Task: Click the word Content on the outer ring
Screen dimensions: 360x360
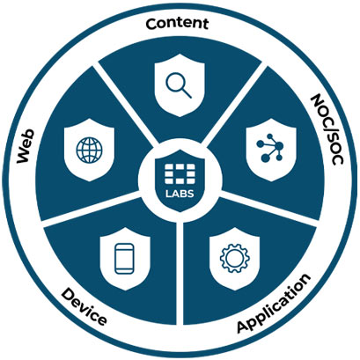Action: (x=177, y=24)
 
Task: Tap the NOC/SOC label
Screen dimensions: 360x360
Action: (x=327, y=129)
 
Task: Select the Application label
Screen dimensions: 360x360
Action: (x=274, y=304)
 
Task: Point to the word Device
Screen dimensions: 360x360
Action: (x=84, y=306)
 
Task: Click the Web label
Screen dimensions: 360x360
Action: (x=26, y=146)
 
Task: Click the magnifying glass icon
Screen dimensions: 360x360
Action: (x=179, y=84)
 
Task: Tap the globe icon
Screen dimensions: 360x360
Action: (x=90, y=150)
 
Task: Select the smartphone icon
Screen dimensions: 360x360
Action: (x=124, y=260)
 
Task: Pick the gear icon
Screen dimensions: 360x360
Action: (x=235, y=259)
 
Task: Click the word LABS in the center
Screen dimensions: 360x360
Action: (x=180, y=194)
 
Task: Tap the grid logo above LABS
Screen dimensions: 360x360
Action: (x=180, y=174)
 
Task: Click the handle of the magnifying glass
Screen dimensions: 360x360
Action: (x=186, y=92)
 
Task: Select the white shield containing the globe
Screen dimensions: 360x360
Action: (x=89, y=150)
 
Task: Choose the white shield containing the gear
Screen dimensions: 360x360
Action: (x=235, y=259)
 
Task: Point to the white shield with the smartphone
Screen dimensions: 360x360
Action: (x=125, y=259)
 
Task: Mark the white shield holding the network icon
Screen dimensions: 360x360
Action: (x=271, y=150)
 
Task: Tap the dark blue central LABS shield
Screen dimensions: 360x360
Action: (x=180, y=180)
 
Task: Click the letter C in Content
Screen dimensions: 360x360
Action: (x=151, y=24)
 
